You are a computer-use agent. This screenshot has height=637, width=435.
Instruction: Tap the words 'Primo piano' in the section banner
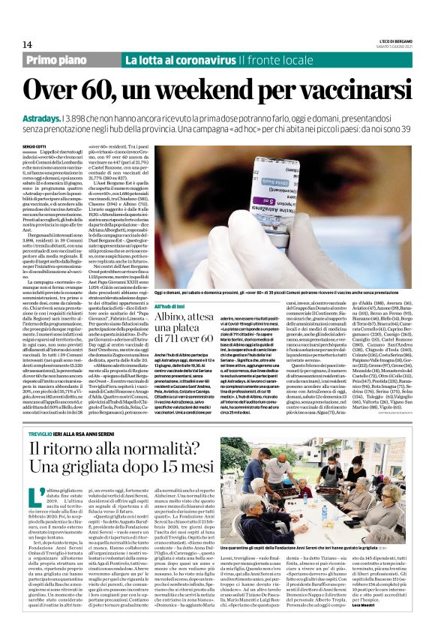tap(57, 60)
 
